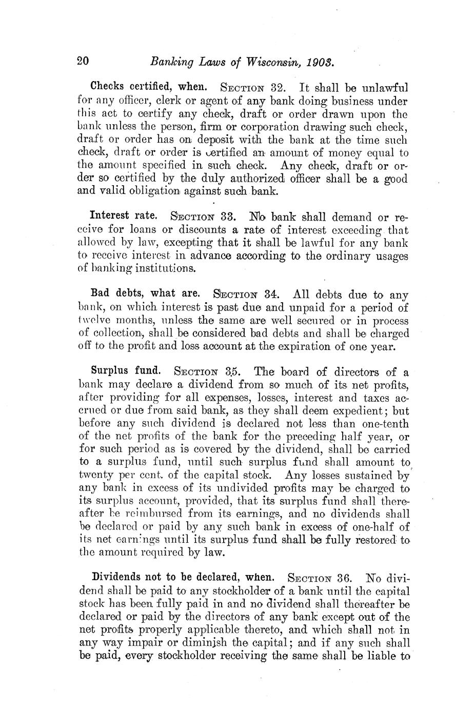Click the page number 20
(83, 62)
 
